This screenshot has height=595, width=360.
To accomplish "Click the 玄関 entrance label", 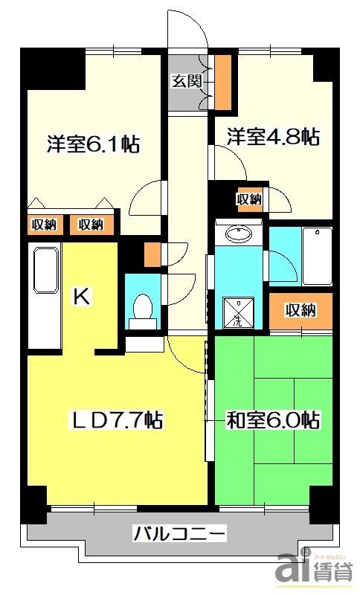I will [187, 82].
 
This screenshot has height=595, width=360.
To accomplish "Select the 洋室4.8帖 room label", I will [274, 137].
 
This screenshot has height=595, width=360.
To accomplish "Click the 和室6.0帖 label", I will [273, 420].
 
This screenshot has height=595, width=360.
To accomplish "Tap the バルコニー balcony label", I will [179, 533].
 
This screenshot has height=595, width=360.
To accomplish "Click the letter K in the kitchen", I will [80, 297].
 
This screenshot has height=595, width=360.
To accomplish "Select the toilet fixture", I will [141, 309].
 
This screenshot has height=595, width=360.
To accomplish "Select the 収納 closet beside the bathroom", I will [300, 310].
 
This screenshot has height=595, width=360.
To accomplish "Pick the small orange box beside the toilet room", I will [152, 255].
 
